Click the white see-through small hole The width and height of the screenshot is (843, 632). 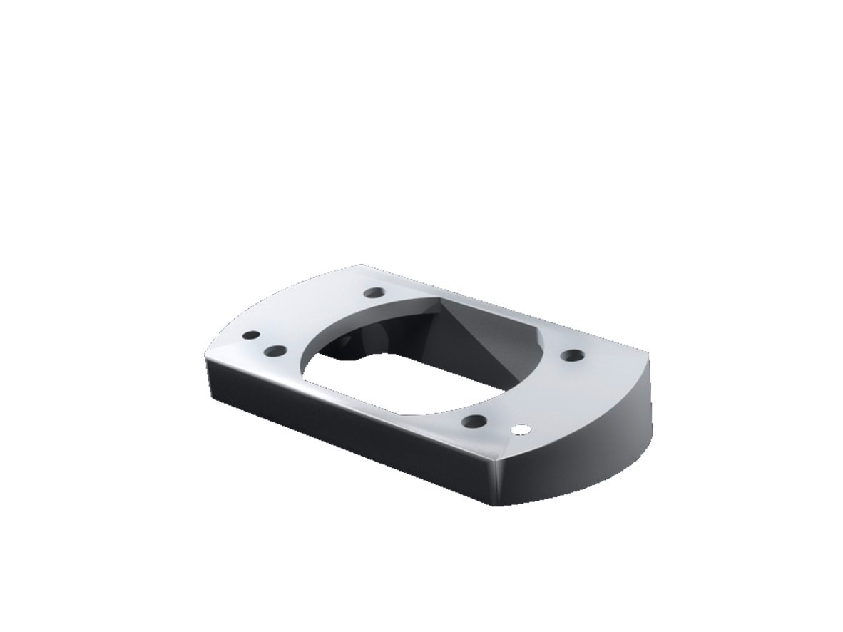(x=522, y=429)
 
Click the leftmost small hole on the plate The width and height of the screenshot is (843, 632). (x=250, y=335)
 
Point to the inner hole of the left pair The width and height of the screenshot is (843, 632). (x=275, y=350)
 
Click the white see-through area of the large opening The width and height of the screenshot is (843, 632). (x=371, y=378)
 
